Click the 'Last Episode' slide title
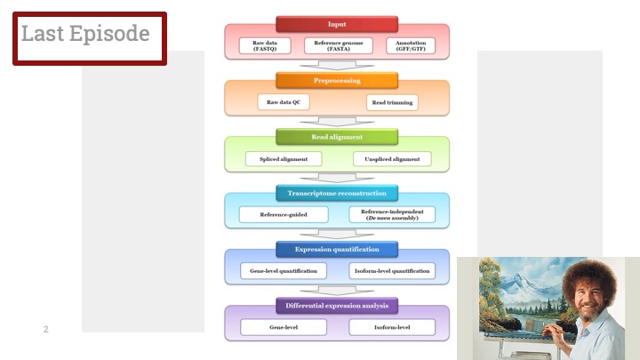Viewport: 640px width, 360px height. tap(85, 34)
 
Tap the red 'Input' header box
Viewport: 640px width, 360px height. tap(337, 24)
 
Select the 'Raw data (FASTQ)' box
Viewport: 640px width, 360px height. tap(265, 45)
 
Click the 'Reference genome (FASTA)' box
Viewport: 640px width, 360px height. tap(338, 45)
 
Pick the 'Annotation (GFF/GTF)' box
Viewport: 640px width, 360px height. tap(411, 45)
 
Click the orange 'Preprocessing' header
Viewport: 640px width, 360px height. tap(337, 80)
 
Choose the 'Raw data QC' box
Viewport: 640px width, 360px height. tap(284, 102)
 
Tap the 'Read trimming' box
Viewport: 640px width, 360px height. tap(391, 102)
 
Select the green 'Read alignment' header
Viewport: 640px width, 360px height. tap(337, 137)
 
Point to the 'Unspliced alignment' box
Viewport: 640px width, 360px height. tap(392, 159)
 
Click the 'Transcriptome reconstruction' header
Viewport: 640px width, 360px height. tap(337, 193)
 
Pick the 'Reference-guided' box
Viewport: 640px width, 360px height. tap(284, 214)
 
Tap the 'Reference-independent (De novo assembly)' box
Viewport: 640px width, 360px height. tap(391, 214)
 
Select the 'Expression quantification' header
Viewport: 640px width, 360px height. tap(337, 249)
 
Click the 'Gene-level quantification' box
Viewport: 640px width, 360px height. tap(284, 271)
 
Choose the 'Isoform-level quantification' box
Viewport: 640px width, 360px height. tap(391, 271)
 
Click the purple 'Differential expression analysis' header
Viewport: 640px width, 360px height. tap(337, 306)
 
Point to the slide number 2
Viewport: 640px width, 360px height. tap(46, 330)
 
